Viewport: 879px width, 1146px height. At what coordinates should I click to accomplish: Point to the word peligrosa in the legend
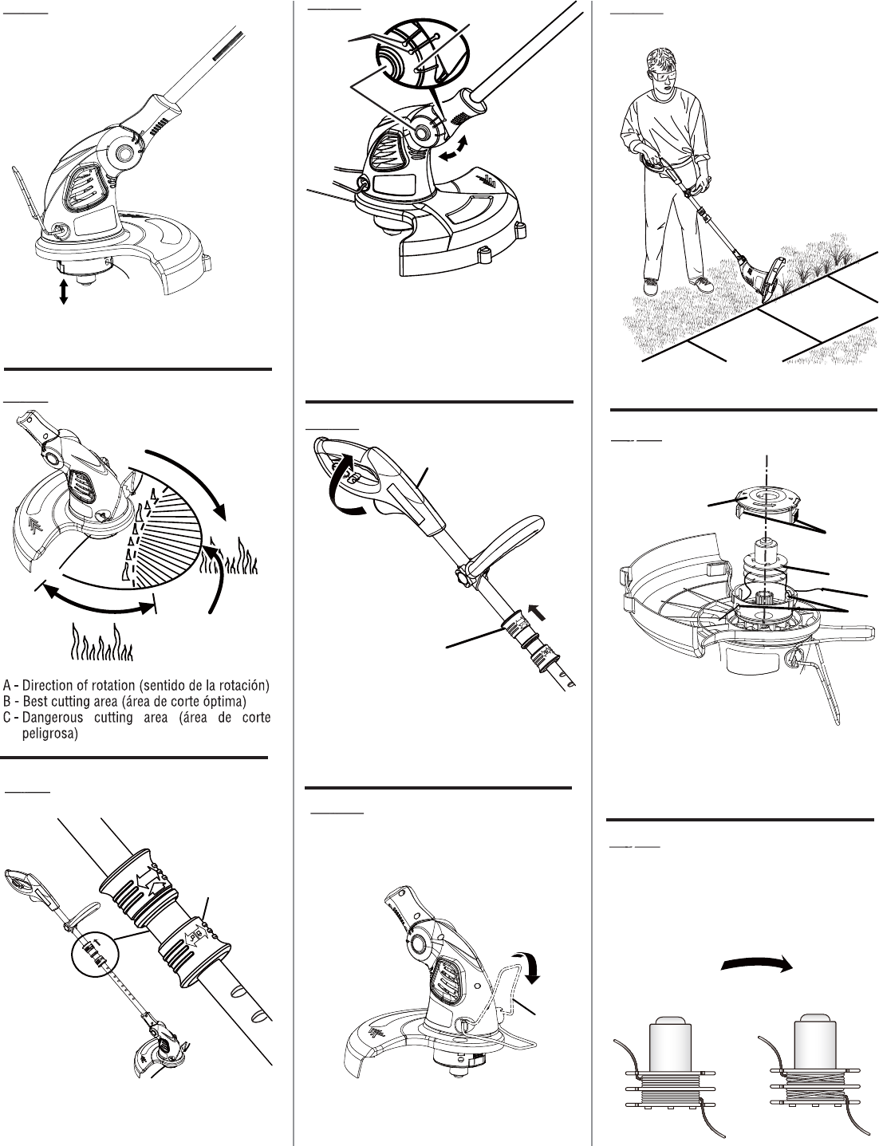(x=49, y=734)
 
